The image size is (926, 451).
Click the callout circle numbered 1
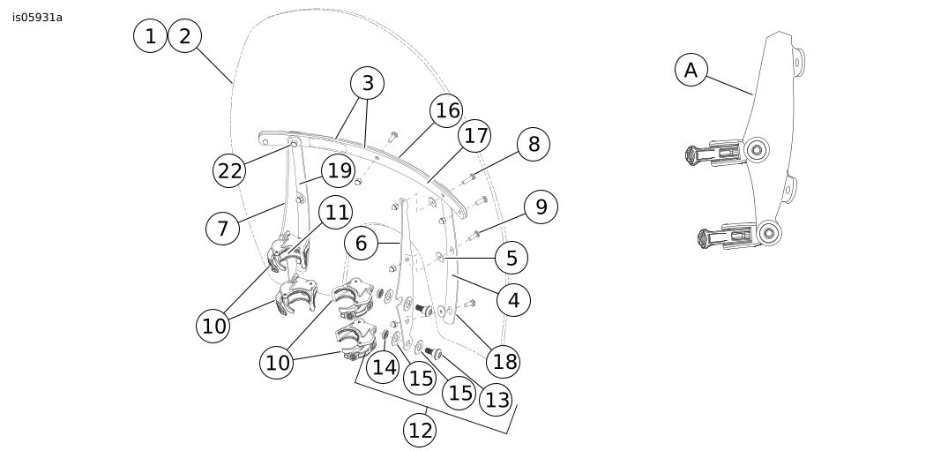point(151,36)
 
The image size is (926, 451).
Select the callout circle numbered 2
point(184,36)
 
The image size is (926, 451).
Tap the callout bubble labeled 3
point(368,84)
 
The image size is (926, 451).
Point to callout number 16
point(447,110)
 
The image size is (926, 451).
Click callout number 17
point(475,136)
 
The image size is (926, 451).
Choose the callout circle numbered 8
point(534,143)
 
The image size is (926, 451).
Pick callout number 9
point(541,207)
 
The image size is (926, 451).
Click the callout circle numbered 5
point(512,259)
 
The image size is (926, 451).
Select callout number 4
point(514,300)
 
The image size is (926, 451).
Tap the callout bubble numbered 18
point(504,361)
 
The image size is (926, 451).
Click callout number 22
point(229,170)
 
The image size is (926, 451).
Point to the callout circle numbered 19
point(339,170)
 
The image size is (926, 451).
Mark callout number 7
point(222,229)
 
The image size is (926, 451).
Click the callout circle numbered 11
point(336,213)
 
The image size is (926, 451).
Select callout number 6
point(361,243)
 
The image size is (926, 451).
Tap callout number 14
point(384,366)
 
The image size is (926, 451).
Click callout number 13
point(497,400)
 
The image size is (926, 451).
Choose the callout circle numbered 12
point(421,430)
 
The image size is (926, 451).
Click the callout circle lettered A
point(691,70)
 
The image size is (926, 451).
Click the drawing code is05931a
point(37,17)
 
